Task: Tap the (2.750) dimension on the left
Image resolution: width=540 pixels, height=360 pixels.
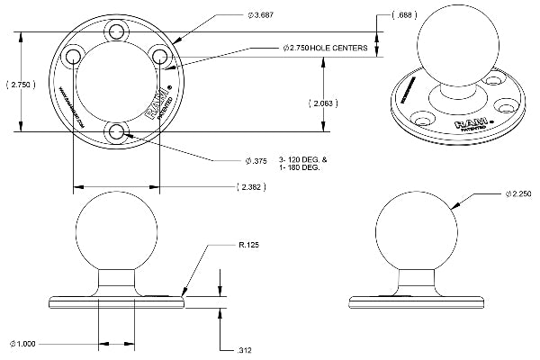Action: [x=20, y=84]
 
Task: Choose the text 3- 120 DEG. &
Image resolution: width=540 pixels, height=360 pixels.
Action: [x=303, y=158]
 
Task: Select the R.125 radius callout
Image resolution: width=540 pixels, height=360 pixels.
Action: [x=249, y=244]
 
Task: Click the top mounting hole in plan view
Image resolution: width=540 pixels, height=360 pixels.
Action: [x=115, y=31]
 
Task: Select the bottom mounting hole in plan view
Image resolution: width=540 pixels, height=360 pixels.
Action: [x=115, y=132]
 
